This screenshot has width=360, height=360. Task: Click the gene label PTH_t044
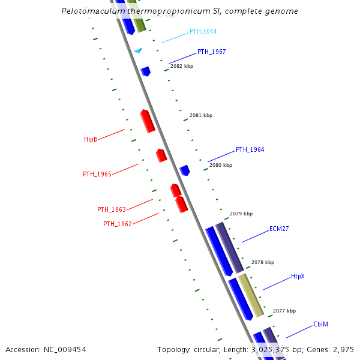pyautogui.click(x=203, y=31)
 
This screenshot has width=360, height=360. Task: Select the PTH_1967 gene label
pyautogui.click(x=211, y=52)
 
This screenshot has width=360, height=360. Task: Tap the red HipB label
pyautogui.click(x=91, y=139)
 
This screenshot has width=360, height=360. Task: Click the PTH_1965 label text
pyautogui.click(x=97, y=174)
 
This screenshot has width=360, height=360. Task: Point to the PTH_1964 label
pyautogui.click(x=250, y=149)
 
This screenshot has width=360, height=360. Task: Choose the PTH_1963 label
pyautogui.click(x=112, y=209)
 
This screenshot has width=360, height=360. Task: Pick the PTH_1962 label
pyautogui.click(x=118, y=224)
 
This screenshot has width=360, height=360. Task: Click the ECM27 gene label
pyautogui.click(x=279, y=229)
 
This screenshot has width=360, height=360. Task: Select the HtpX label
pyautogui.click(x=298, y=276)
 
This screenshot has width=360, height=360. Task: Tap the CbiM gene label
pyautogui.click(x=320, y=324)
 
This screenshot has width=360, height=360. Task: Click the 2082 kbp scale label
pyautogui.click(x=182, y=66)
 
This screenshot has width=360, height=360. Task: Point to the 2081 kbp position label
pyautogui.click(x=201, y=115)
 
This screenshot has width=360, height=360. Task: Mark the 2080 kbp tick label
pyautogui.click(x=221, y=164)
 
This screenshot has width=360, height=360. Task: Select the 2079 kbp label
pyautogui.click(x=241, y=214)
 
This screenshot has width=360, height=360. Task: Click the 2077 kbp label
pyautogui.click(x=284, y=311)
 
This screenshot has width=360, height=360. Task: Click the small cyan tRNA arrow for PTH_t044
pyautogui.click(x=138, y=51)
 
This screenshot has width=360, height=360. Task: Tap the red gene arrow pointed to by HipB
pyautogui.click(x=148, y=121)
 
